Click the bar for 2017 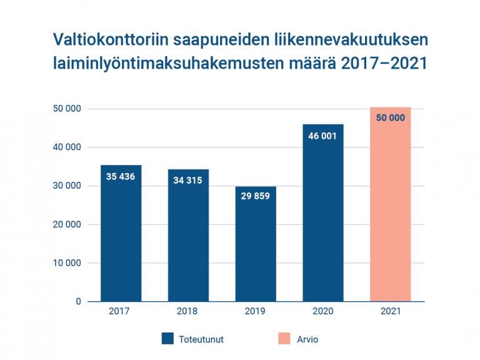tap(121, 237)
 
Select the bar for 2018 tap(188, 241)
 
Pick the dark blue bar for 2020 tap(323, 219)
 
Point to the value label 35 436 tap(121, 176)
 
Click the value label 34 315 tap(188, 181)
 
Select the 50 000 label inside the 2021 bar tap(391, 117)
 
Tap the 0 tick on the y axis tap(79, 301)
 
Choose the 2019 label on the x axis tap(256, 311)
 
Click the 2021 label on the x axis tap(391, 311)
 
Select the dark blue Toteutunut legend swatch tap(167, 339)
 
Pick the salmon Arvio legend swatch tap(284, 339)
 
